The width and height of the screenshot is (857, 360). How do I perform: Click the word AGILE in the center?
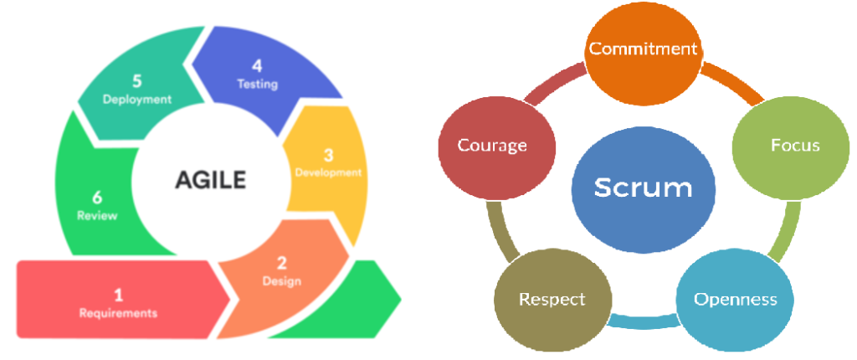[x=210, y=177]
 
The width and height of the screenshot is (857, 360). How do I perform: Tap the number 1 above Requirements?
[x=118, y=295]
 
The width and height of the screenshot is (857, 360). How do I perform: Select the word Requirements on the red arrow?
[x=118, y=313]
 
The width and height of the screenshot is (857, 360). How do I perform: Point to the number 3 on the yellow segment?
[x=328, y=155]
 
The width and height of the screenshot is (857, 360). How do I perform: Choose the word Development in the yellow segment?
[x=328, y=172]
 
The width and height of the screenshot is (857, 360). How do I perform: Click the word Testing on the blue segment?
[x=257, y=84]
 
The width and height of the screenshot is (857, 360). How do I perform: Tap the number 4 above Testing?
[x=257, y=65]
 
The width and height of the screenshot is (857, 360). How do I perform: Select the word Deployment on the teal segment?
[x=137, y=99]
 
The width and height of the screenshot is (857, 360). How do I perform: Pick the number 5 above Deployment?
[x=137, y=81]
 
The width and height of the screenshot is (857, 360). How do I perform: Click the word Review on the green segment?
[x=97, y=215]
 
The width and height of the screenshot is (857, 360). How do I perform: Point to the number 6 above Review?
[x=97, y=198]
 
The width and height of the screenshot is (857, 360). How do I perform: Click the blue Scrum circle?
[x=643, y=188]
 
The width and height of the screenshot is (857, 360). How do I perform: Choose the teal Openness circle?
[x=735, y=299]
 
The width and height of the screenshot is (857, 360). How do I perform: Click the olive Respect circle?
[x=552, y=299]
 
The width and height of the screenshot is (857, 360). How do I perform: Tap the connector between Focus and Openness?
[x=780, y=234]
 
